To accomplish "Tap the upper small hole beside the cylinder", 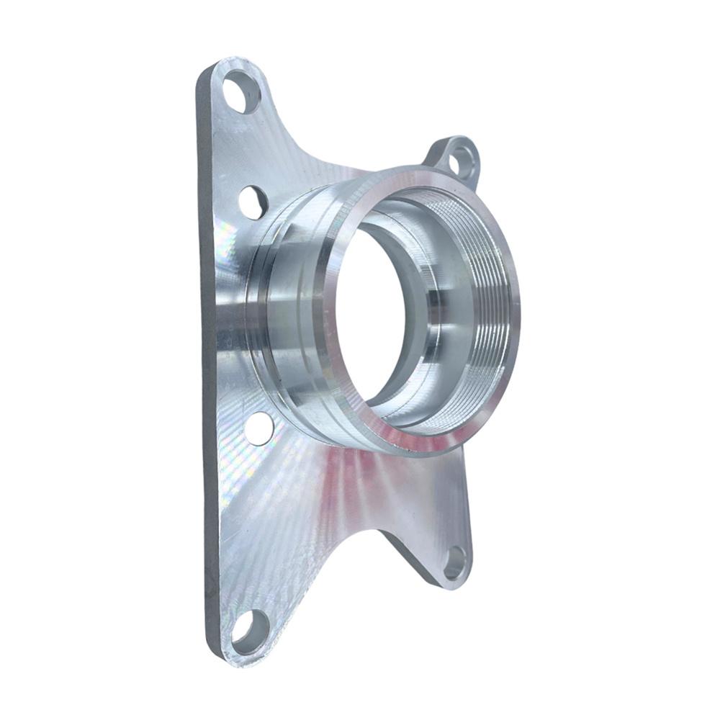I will [x=253, y=202].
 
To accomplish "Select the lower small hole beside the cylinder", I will [x=258, y=428].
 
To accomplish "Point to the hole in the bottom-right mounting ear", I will [x=454, y=562].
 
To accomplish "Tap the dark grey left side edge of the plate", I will [x=207, y=360].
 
